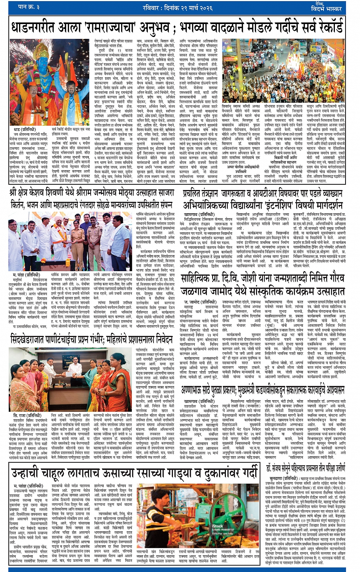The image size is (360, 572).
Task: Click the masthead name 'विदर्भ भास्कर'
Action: tap(328, 9)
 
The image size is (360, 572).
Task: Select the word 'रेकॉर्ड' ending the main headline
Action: tap(328, 28)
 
